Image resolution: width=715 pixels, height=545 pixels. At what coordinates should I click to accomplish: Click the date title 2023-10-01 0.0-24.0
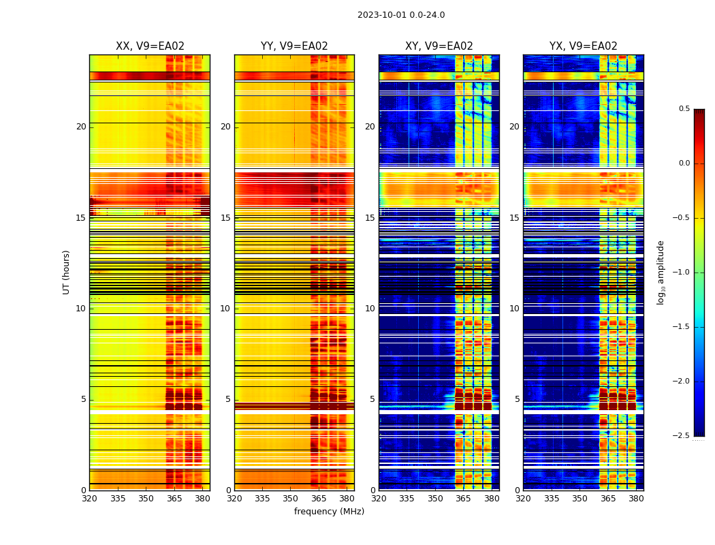pyautogui.click(x=401, y=15)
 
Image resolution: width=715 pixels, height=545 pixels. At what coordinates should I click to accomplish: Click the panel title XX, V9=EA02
pyautogui.click(x=150, y=46)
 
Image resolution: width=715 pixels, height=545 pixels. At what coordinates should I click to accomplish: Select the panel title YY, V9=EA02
pyautogui.click(x=294, y=46)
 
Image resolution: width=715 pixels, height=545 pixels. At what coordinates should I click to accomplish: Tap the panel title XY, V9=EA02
pyautogui.click(x=439, y=46)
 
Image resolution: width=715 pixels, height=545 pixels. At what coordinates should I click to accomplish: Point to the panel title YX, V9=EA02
pyautogui.click(x=584, y=46)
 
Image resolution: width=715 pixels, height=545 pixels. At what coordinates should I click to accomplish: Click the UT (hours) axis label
pyautogui.click(x=67, y=272)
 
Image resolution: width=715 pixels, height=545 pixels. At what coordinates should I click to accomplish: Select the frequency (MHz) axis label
pyautogui.click(x=329, y=512)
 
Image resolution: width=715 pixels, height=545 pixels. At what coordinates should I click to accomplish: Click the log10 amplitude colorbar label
pyautogui.click(x=661, y=272)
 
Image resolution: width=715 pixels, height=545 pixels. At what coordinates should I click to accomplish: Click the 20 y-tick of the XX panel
pyautogui.click(x=81, y=127)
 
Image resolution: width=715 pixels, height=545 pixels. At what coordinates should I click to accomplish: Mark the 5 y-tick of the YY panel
pyautogui.click(x=228, y=399)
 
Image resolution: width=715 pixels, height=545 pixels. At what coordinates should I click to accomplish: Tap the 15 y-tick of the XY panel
pyautogui.click(x=370, y=218)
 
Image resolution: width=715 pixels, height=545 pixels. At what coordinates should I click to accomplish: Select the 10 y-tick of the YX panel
pyautogui.click(x=515, y=309)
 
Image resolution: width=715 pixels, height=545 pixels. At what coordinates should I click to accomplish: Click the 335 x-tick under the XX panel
pyautogui.click(x=118, y=499)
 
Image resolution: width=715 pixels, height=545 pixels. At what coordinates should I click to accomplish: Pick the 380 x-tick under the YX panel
pyautogui.click(x=636, y=499)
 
